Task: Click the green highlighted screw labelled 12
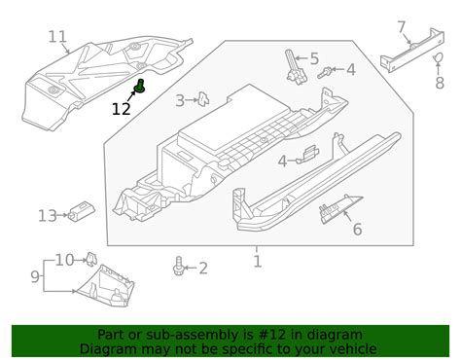140,86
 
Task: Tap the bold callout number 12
121,109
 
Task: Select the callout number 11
57,37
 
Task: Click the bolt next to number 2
179,266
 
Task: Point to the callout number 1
257,262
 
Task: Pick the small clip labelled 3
203,99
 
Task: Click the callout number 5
314,58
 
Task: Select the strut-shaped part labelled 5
296,67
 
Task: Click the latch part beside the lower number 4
308,154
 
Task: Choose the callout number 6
357,229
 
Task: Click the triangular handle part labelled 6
339,210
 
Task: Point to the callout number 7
402,27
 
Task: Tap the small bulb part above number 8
438,57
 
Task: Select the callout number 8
440,83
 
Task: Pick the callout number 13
48,216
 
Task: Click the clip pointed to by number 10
90,259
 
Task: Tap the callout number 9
35,276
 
